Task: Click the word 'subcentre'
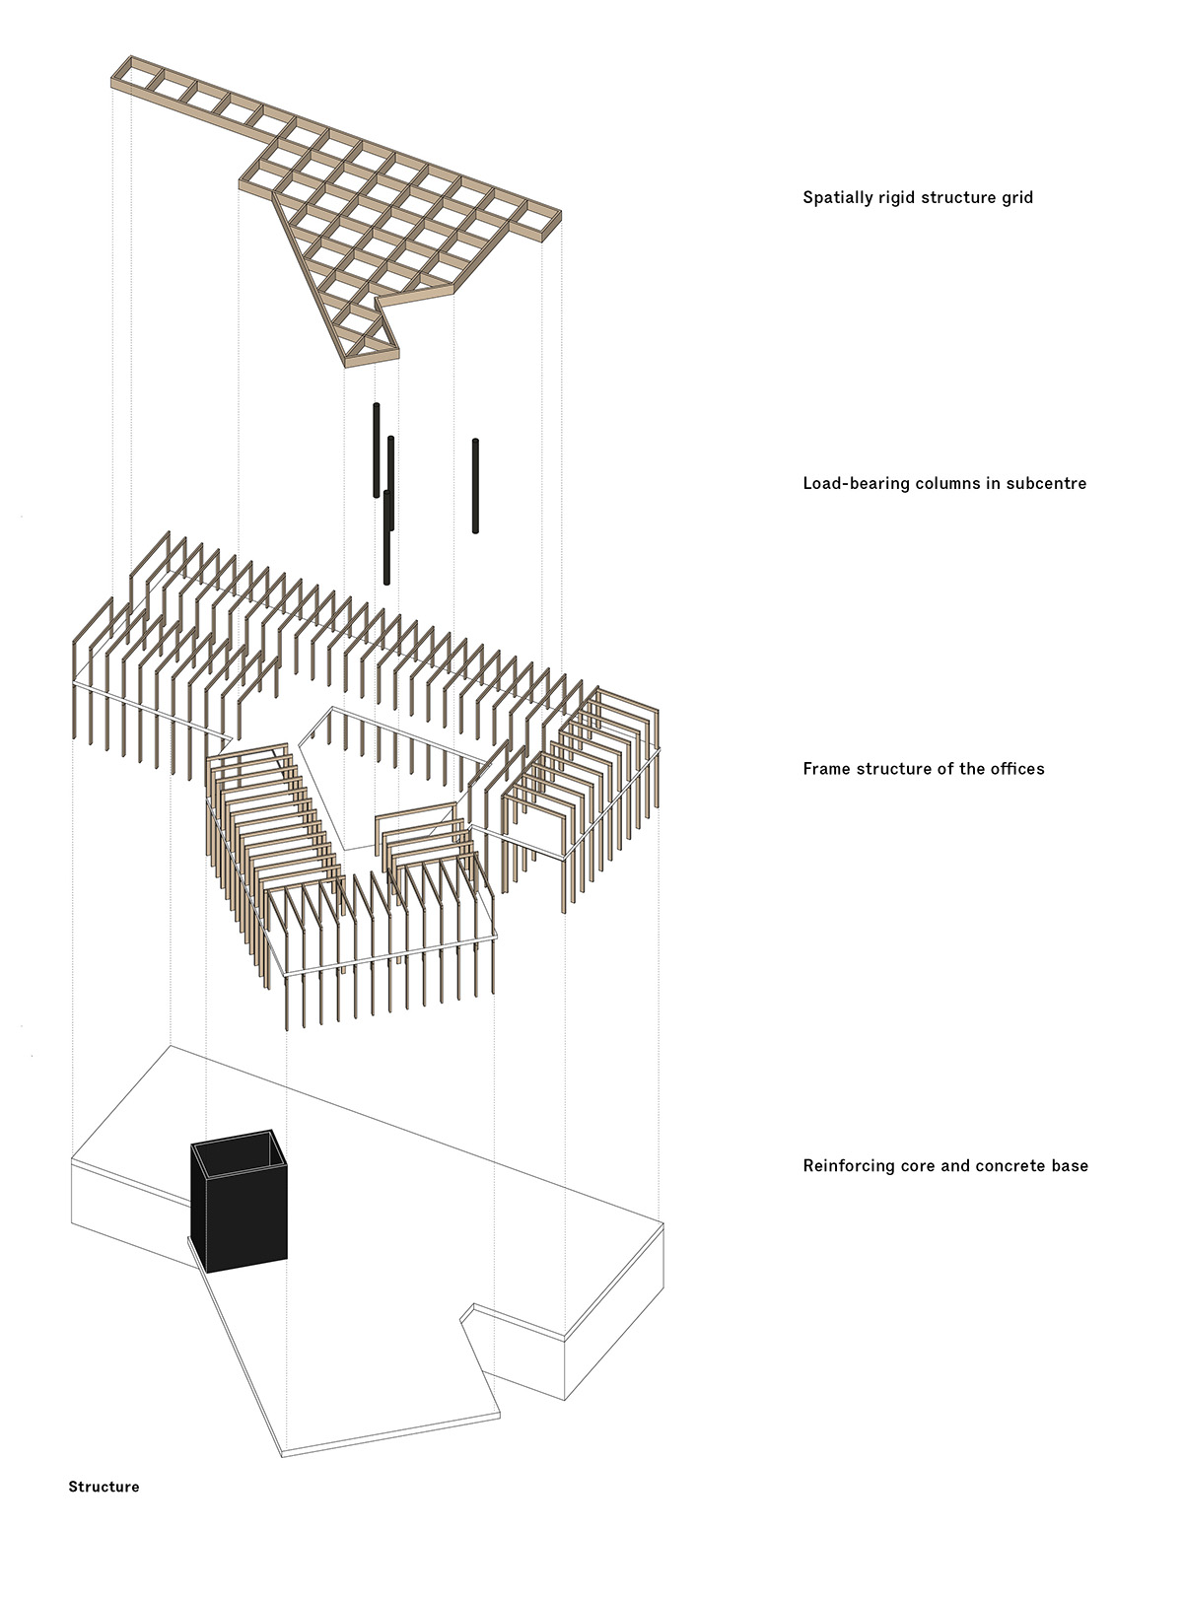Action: click(x=1046, y=483)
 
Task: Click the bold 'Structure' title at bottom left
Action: click(x=104, y=1487)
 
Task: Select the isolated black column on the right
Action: click(x=475, y=486)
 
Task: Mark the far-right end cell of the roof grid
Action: click(x=541, y=217)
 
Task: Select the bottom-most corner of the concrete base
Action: click(x=283, y=1455)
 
